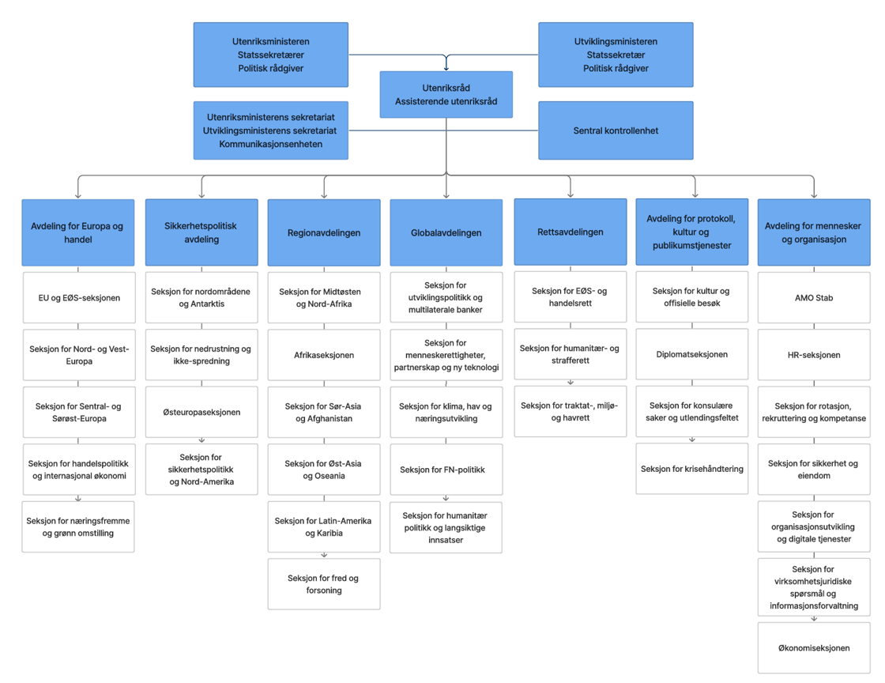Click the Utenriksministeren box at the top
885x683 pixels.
click(x=270, y=55)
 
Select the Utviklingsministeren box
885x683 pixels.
click(x=616, y=55)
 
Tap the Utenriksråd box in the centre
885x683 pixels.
click(x=446, y=95)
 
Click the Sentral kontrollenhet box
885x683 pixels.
click(x=616, y=130)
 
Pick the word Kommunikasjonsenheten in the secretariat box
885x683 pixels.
click(x=270, y=144)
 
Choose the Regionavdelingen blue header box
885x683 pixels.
click(x=324, y=232)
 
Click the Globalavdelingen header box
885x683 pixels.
click(x=446, y=232)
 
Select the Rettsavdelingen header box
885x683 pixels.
click(x=570, y=232)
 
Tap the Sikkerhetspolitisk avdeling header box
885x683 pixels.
click(x=201, y=232)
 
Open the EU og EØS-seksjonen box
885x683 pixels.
click(x=78, y=298)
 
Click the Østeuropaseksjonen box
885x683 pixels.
click(x=201, y=412)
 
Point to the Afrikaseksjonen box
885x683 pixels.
click(x=324, y=355)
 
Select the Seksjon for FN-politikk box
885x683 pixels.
click(x=446, y=470)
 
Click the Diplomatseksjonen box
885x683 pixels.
click(x=691, y=354)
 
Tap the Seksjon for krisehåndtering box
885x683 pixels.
click(x=691, y=469)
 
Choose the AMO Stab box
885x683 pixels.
click(x=813, y=298)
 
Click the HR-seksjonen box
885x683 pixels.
click(x=813, y=355)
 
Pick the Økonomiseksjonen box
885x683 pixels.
click(x=813, y=647)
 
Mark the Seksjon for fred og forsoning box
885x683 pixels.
click(x=324, y=584)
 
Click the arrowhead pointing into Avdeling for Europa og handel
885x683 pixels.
click(x=78, y=194)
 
